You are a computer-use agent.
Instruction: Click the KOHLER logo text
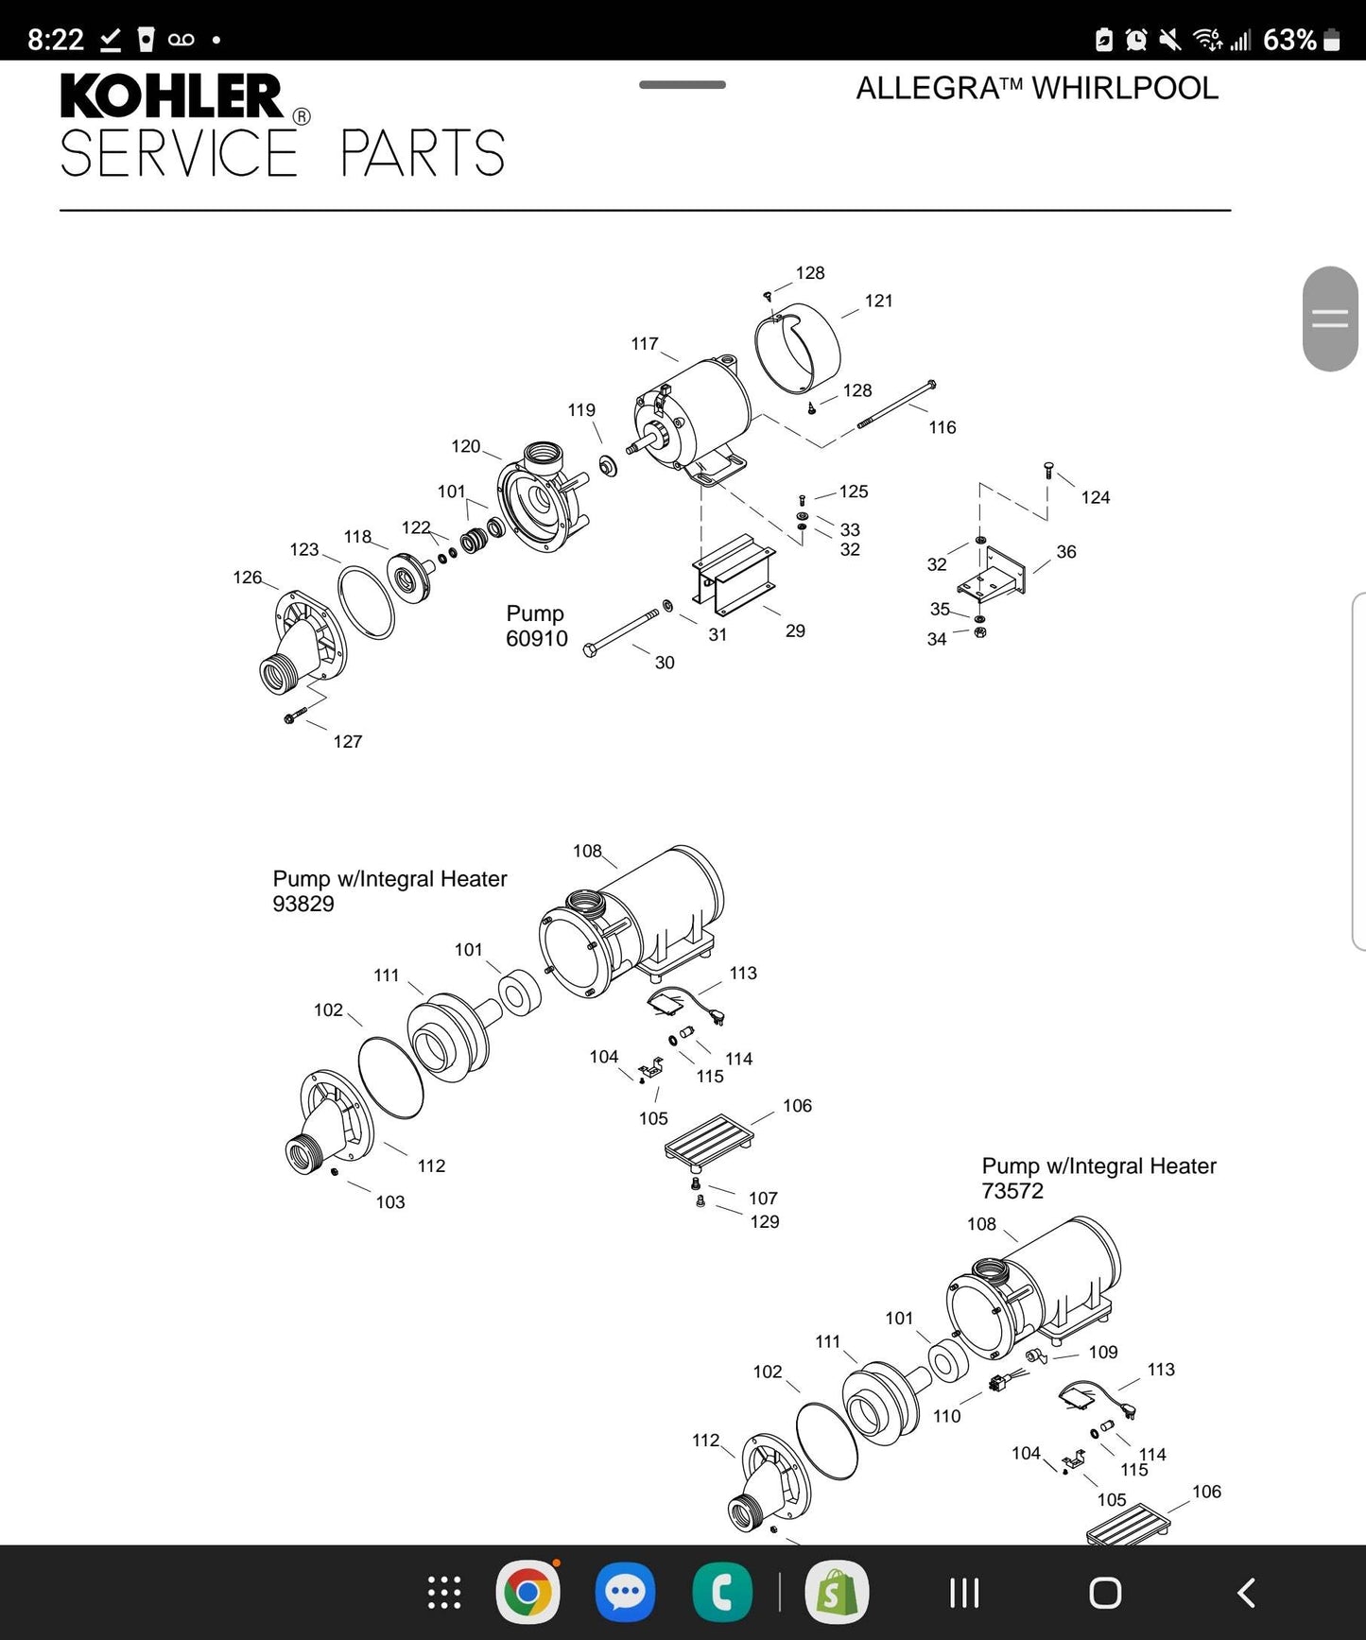point(171,96)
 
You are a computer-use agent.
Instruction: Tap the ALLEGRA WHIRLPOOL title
point(1036,88)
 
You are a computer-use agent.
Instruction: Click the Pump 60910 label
point(536,626)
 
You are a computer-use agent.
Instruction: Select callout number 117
point(645,344)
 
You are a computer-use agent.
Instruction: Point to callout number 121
point(878,301)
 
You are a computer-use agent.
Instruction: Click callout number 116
point(942,427)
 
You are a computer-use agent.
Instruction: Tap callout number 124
point(1095,497)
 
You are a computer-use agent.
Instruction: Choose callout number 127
point(347,742)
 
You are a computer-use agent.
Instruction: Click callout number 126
point(247,578)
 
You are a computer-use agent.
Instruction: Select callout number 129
point(765,1222)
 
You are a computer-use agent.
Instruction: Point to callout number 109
point(1102,1353)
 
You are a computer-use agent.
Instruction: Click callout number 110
point(946,1416)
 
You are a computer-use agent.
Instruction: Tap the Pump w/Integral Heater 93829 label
point(389,890)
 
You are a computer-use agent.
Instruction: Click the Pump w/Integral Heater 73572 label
point(1098,1178)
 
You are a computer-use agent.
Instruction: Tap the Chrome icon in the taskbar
point(527,1593)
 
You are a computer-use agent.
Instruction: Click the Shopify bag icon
point(836,1593)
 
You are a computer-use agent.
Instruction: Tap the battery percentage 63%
point(1288,40)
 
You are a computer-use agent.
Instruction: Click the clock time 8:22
point(56,40)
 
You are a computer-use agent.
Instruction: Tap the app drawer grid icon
point(444,1593)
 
